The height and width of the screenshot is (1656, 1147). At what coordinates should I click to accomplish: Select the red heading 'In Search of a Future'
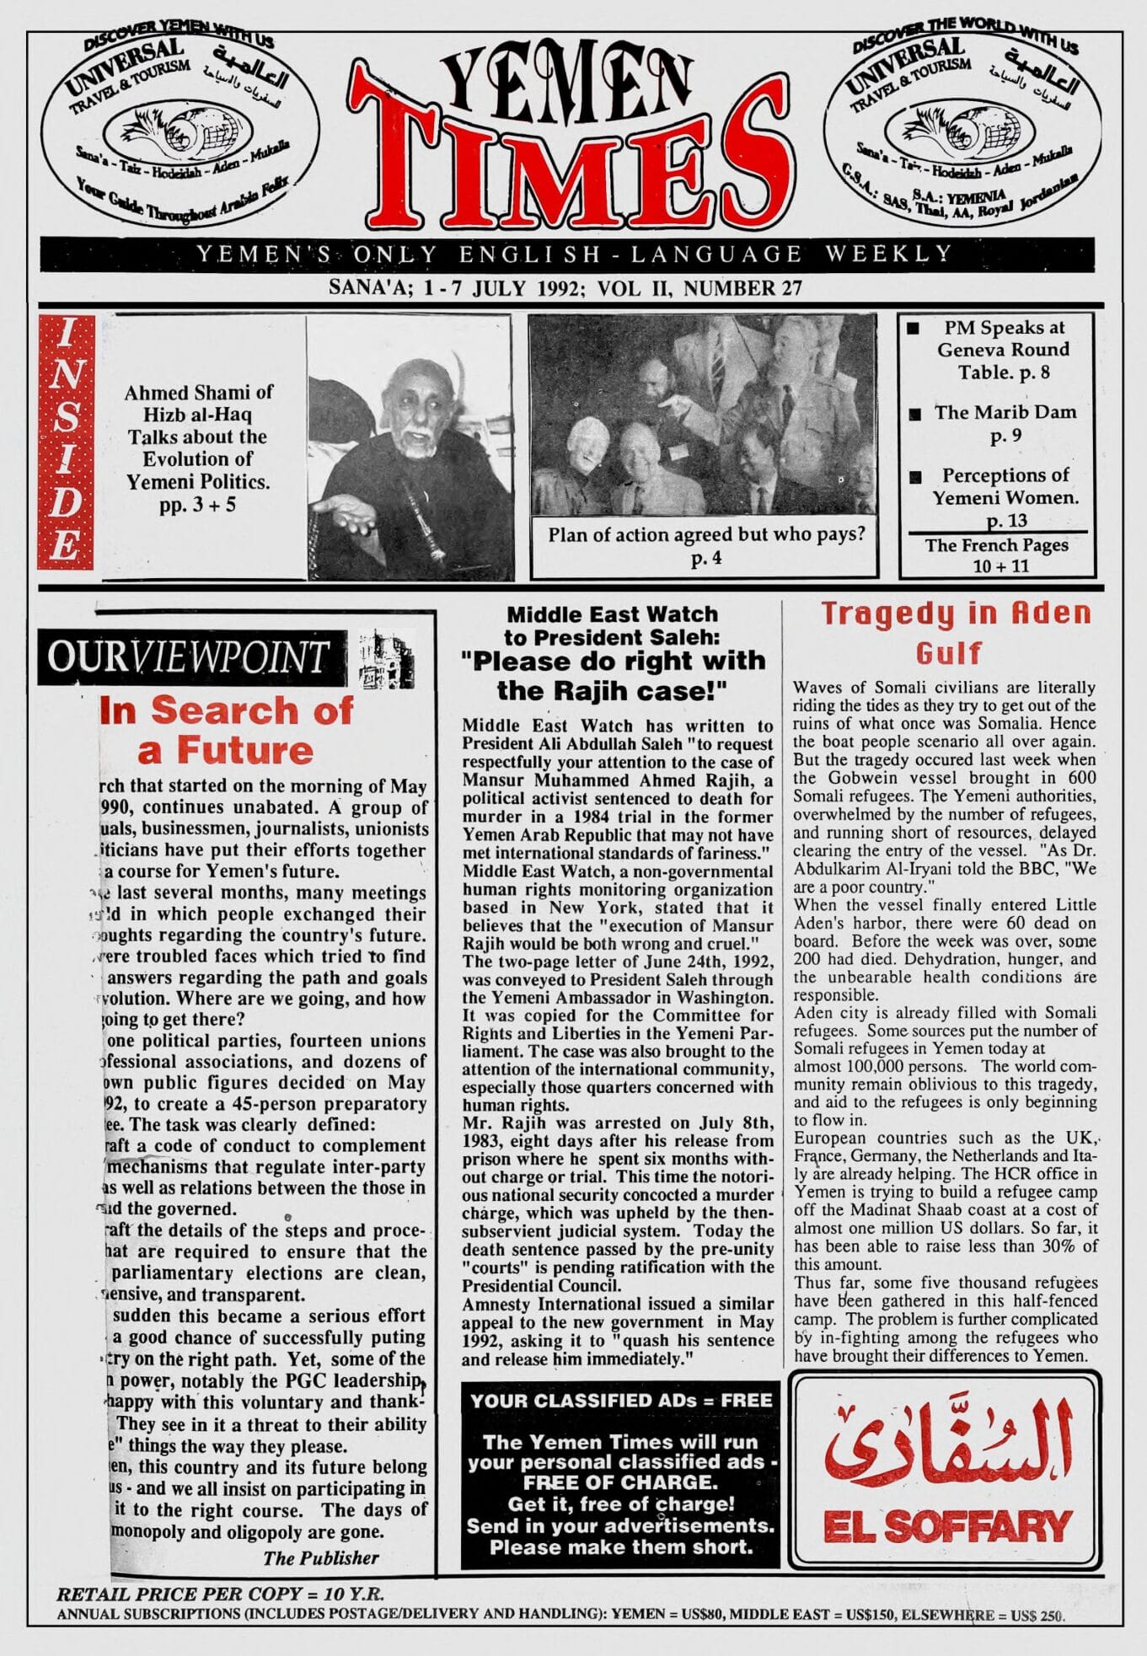click(226, 729)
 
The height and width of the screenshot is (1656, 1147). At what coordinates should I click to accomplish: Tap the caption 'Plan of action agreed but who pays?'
click(705, 544)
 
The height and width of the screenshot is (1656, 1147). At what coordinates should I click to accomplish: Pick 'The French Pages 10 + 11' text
click(997, 555)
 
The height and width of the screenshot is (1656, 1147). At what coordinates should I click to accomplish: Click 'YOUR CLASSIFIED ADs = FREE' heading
click(621, 1400)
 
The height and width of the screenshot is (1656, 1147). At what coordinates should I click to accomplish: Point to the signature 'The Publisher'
click(320, 1557)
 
